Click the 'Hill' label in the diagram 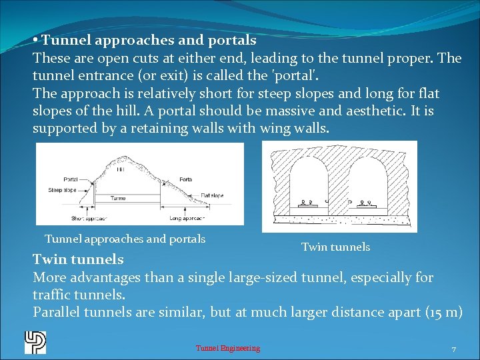(120, 170)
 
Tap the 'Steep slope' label (63, 190)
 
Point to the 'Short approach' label (87, 218)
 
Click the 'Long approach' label (187, 218)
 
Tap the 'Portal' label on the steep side (70, 179)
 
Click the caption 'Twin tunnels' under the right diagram (335, 247)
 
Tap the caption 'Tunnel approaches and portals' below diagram (125, 239)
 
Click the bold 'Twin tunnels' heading (78, 259)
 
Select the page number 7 (453, 349)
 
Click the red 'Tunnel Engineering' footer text (227, 348)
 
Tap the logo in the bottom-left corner (35, 342)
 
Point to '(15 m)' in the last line (443, 312)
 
